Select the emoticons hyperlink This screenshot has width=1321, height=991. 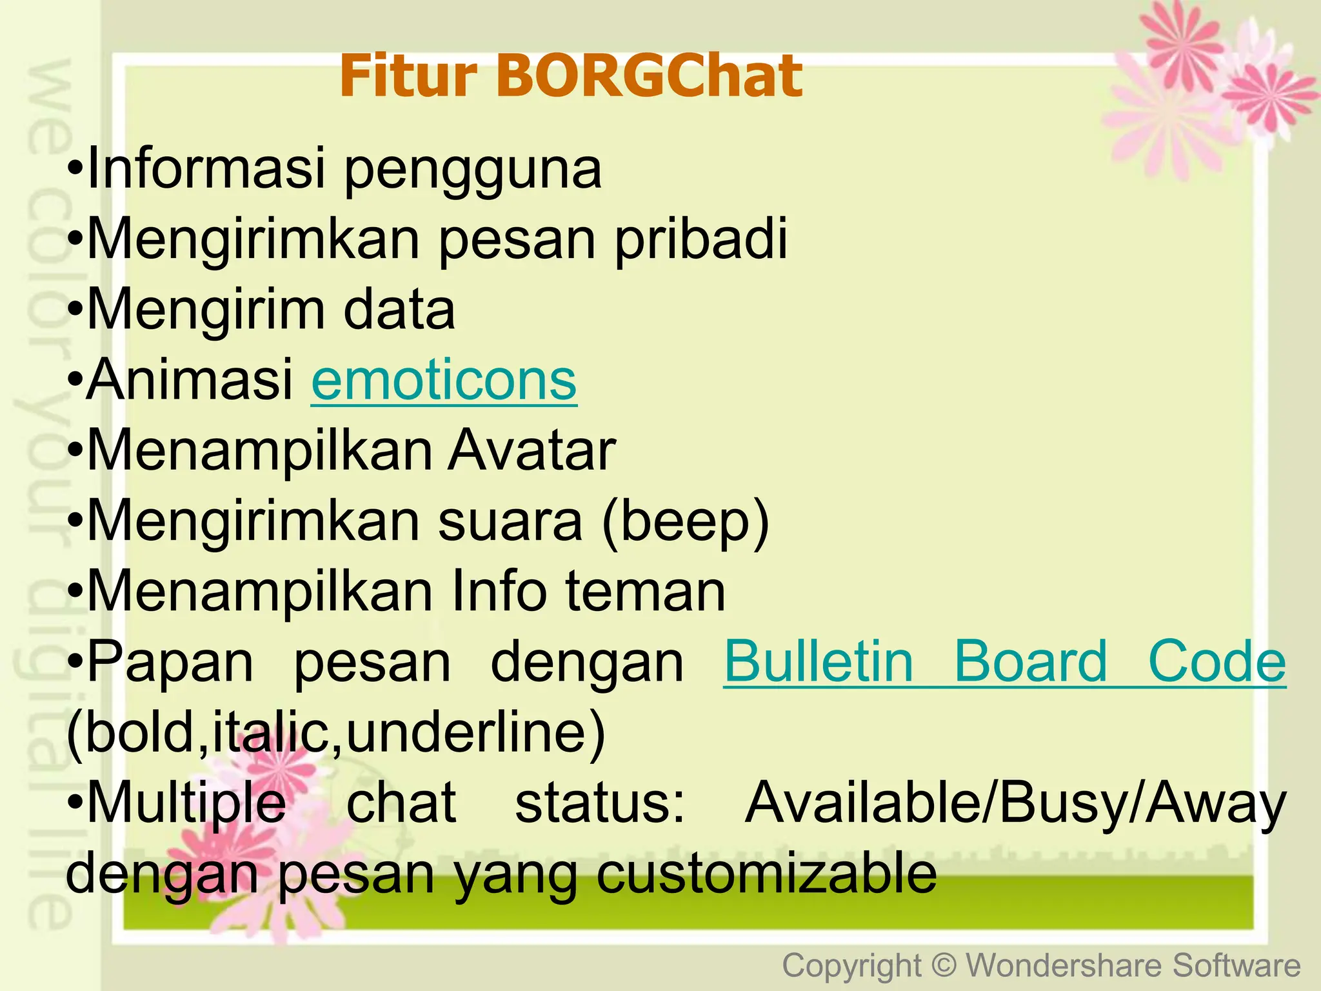tap(444, 381)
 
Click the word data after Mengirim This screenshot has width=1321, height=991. tap(399, 310)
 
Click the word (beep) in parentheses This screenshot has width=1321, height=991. tap(686, 521)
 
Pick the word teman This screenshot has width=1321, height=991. tap(646, 592)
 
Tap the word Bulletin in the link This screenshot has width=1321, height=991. tap(819, 662)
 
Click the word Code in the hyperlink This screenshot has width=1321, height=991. tap(1217, 662)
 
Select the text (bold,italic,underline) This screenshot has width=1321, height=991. tap(336, 733)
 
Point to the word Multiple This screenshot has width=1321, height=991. tap(187, 804)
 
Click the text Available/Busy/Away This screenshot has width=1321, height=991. tap(1015, 804)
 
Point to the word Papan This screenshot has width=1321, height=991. tap(171, 663)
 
